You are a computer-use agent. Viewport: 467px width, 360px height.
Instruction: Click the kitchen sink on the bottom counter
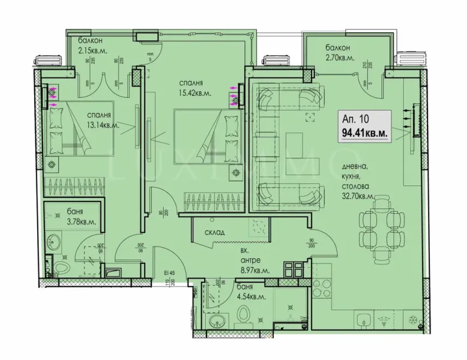(364, 320)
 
